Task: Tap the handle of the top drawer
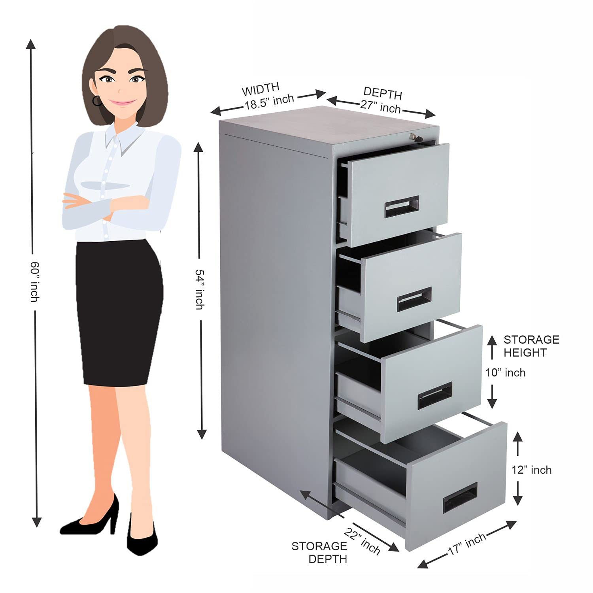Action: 402,207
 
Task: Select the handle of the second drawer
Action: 414,299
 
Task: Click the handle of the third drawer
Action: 435,395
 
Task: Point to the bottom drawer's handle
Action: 460,498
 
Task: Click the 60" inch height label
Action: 35,281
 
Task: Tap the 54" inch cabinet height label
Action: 200,289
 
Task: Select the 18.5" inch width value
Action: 269,102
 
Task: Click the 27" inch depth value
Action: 380,107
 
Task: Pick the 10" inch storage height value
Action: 506,373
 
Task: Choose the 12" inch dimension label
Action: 531,470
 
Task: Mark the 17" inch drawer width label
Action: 467,544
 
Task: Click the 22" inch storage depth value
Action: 362,541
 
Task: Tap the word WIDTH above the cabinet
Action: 261,90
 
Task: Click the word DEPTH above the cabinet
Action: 383,93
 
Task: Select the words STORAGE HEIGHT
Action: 531,346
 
